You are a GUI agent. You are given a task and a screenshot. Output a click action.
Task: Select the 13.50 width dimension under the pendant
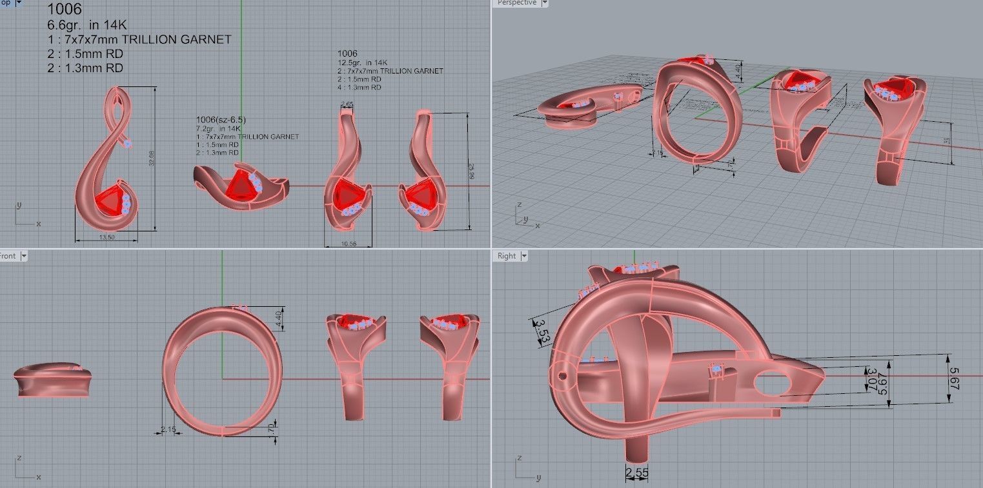tap(106, 237)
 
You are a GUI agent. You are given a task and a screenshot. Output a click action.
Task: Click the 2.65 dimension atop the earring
tap(347, 104)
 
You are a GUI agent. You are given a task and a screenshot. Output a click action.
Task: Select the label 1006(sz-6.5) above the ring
tap(221, 120)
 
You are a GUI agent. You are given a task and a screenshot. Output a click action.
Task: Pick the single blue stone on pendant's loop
tap(128, 143)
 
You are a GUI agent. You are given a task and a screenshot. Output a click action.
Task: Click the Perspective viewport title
tap(516, 3)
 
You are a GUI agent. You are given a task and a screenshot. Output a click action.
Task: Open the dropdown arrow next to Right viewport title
tap(523, 256)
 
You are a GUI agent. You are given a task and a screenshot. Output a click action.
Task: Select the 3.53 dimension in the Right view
tap(542, 331)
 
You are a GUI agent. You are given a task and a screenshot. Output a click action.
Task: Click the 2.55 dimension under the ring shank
tap(637, 474)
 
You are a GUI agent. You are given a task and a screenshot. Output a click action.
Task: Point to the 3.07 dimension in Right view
tap(871, 379)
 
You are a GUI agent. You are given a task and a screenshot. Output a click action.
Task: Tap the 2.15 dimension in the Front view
tap(168, 429)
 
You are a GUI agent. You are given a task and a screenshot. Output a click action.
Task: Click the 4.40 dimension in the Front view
tap(279, 318)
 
